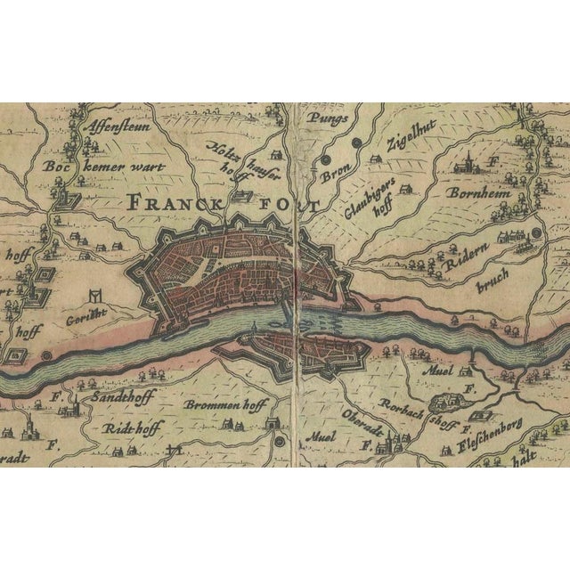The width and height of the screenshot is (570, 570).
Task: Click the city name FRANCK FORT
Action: [x=223, y=203]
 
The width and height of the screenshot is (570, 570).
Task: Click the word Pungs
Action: [x=326, y=117]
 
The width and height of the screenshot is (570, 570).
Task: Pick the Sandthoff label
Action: [x=123, y=396]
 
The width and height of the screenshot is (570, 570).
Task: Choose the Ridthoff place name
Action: [x=131, y=428]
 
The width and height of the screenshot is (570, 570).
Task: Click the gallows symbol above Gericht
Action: [x=94, y=294]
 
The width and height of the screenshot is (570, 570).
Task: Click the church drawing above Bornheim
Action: [x=465, y=164]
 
